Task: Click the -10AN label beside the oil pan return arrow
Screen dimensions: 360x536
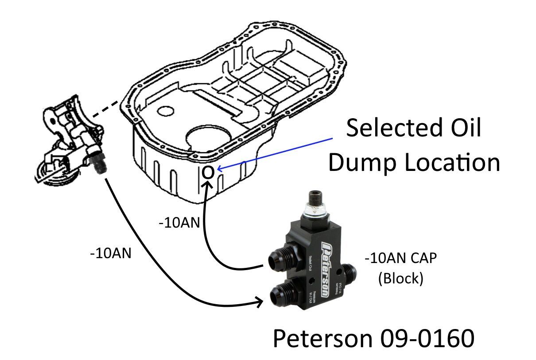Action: tap(179, 223)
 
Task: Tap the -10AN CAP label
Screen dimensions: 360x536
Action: tap(400, 258)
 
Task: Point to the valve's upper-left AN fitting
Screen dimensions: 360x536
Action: tap(284, 258)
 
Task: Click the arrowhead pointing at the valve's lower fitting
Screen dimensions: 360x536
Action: tap(259, 303)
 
